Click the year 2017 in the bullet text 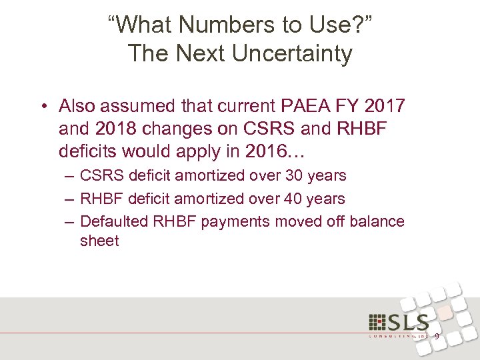point(381,106)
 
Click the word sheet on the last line point(99,241)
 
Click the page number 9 point(437,336)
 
